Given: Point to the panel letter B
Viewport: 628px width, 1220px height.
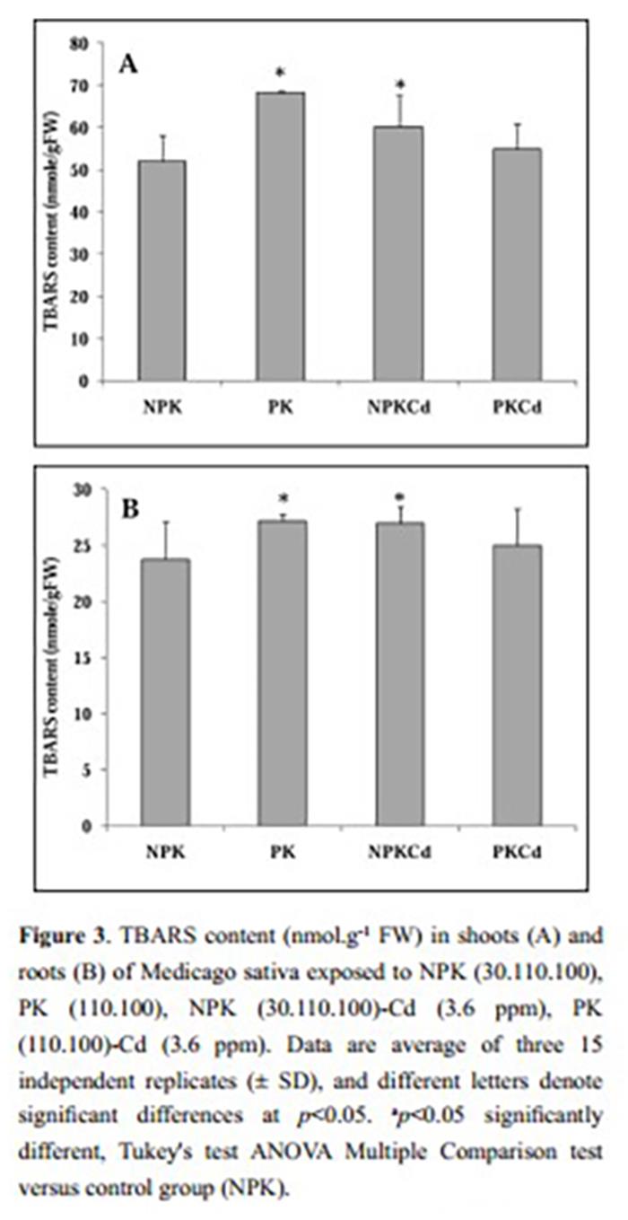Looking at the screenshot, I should point(130,509).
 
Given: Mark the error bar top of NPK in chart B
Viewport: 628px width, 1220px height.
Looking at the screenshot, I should point(164,522).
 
